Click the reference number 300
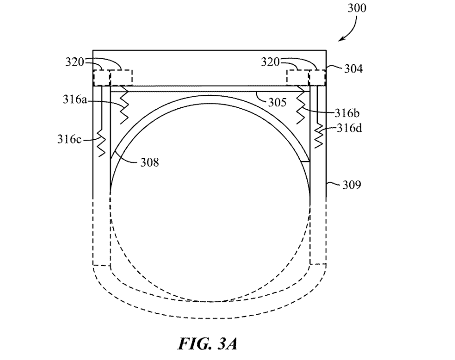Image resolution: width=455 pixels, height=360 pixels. coord(357,8)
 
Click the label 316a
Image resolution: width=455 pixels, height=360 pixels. coord(74,100)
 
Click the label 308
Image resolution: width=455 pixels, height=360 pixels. coord(149,163)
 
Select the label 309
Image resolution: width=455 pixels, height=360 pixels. coord(353,185)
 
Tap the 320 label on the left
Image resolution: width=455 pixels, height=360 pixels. coord(75,62)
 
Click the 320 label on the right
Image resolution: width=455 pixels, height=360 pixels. coord(270,62)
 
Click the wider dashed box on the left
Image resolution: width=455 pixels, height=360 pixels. coord(121,77)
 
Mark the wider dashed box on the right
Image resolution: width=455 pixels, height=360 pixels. coord(298,77)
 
